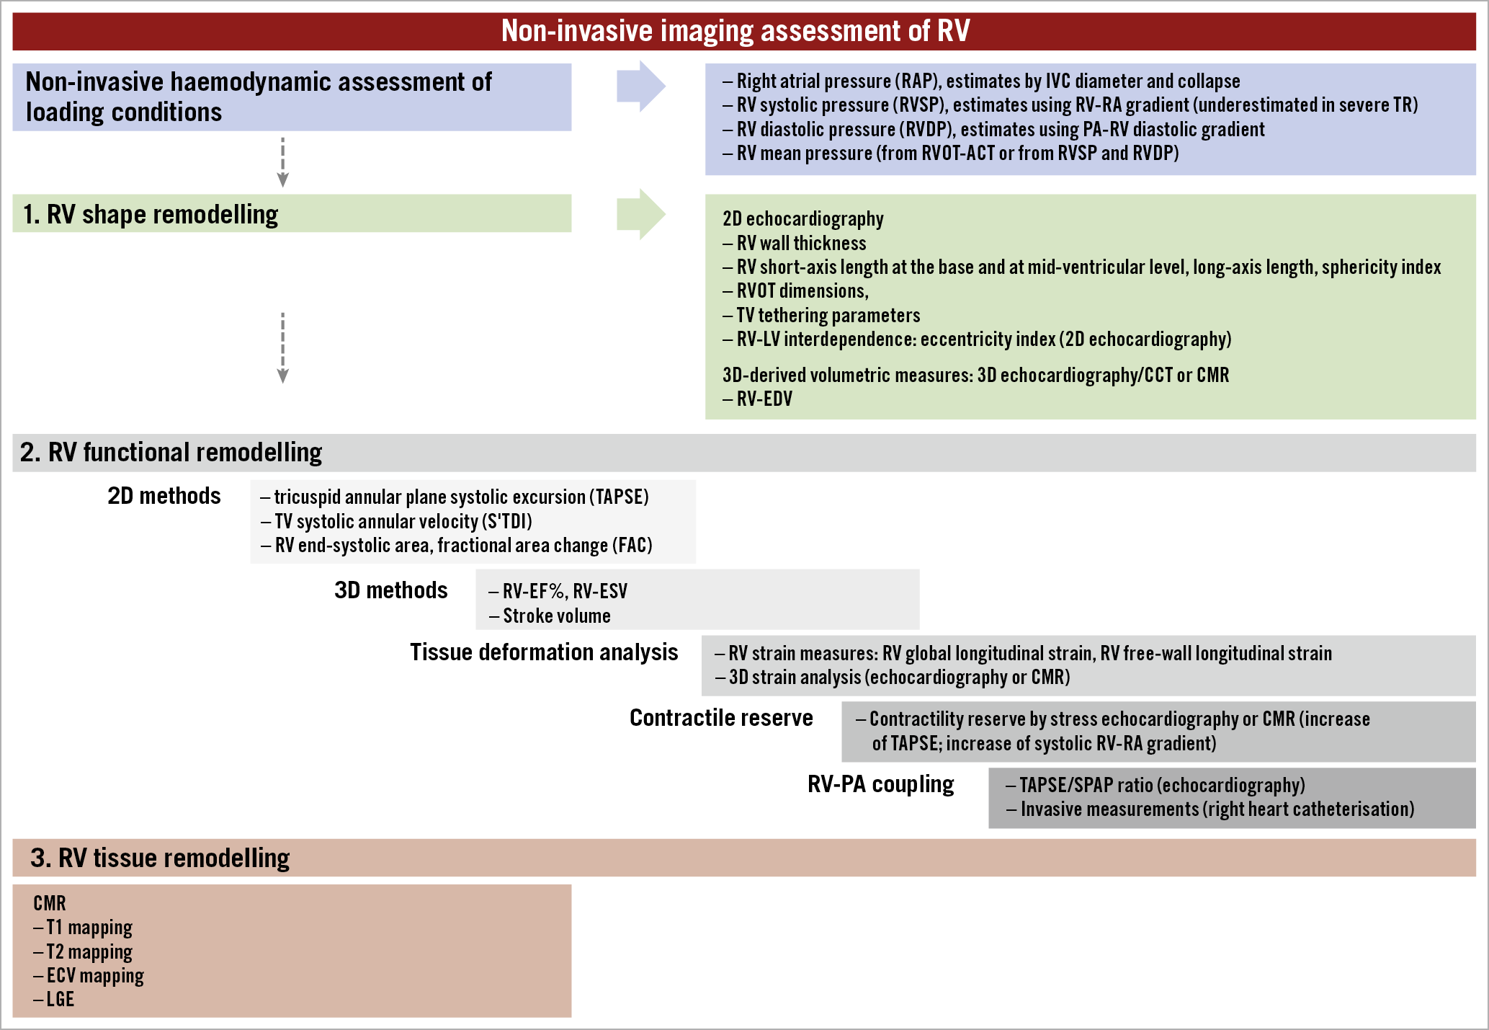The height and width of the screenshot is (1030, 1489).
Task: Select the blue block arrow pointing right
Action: coord(640,86)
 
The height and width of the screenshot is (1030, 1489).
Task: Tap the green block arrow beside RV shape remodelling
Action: coord(640,214)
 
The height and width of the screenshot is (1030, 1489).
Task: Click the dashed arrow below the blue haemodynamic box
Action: coord(283,162)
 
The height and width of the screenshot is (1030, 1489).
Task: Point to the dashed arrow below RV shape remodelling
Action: coord(283,347)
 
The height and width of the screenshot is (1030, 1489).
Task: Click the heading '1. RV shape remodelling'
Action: coord(151,214)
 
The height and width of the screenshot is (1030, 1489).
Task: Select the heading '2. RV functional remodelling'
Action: coord(171,453)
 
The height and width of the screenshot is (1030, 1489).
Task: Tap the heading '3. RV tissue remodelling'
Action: coord(160,858)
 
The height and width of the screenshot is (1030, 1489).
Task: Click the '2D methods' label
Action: coord(164,496)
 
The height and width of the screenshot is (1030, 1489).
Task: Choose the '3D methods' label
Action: coord(390,590)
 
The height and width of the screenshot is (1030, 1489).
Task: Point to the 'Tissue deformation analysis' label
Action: coord(544,652)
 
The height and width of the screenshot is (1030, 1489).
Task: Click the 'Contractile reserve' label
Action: coord(721,718)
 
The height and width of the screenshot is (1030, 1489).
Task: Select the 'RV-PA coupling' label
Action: coord(880,784)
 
